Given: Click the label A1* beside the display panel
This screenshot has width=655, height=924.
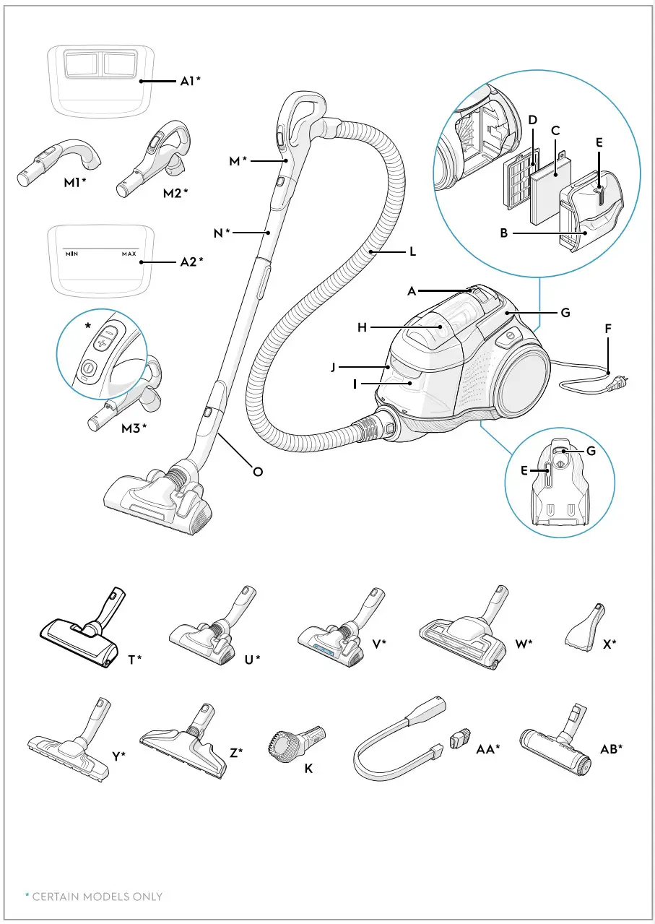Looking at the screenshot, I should pyautogui.click(x=190, y=82).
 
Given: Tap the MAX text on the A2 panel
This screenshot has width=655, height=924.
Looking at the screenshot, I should pyautogui.click(x=129, y=254).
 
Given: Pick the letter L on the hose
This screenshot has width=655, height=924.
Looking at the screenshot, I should pyautogui.click(x=412, y=252).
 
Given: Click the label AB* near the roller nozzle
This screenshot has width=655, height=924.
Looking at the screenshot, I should pyautogui.click(x=611, y=750).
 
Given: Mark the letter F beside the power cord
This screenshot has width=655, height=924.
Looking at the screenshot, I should pyautogui.click(x=608, y=328).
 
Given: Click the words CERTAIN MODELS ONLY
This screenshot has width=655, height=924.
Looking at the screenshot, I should pyautogui.click(x=97, y=897).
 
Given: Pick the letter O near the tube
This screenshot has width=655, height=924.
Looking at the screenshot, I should pyautogui.click(x=257, y=472).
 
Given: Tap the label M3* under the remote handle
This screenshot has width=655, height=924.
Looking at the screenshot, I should pyautogui.click(x=134, y=427).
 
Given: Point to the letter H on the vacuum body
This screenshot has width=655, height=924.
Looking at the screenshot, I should pyautogui.click(x=362, y=327).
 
